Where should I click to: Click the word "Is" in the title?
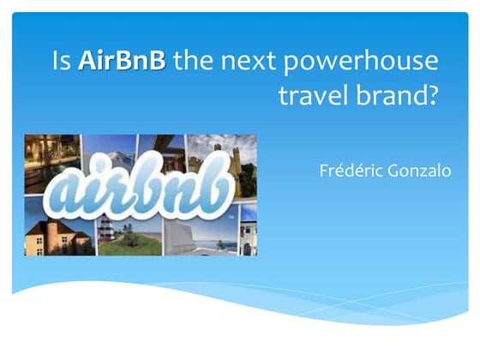[61, 62]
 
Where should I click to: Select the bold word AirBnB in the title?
[121, 62]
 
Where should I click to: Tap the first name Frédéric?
[349, 170]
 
